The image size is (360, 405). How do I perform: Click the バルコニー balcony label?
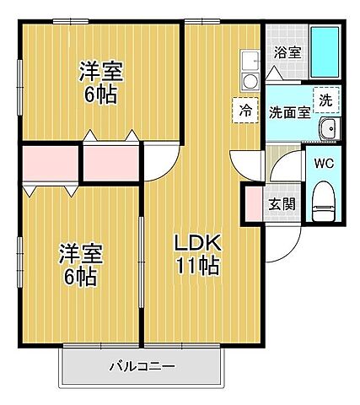click(x=141, y=366)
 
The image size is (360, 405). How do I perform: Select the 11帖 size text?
click(x=197, y=267)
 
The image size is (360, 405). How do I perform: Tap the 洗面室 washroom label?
click(x=287, y=112)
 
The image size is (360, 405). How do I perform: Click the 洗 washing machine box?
click(x=325, y=99)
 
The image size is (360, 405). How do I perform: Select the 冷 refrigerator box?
click(x=245, y=110)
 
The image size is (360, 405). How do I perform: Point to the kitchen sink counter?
click(x=250, y=72)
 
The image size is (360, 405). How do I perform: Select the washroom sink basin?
click(x=327, y=130)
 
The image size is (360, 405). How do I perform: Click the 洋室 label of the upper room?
click(x=101, y=71)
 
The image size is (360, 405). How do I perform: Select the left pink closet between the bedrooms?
click(x=50, y=165)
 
